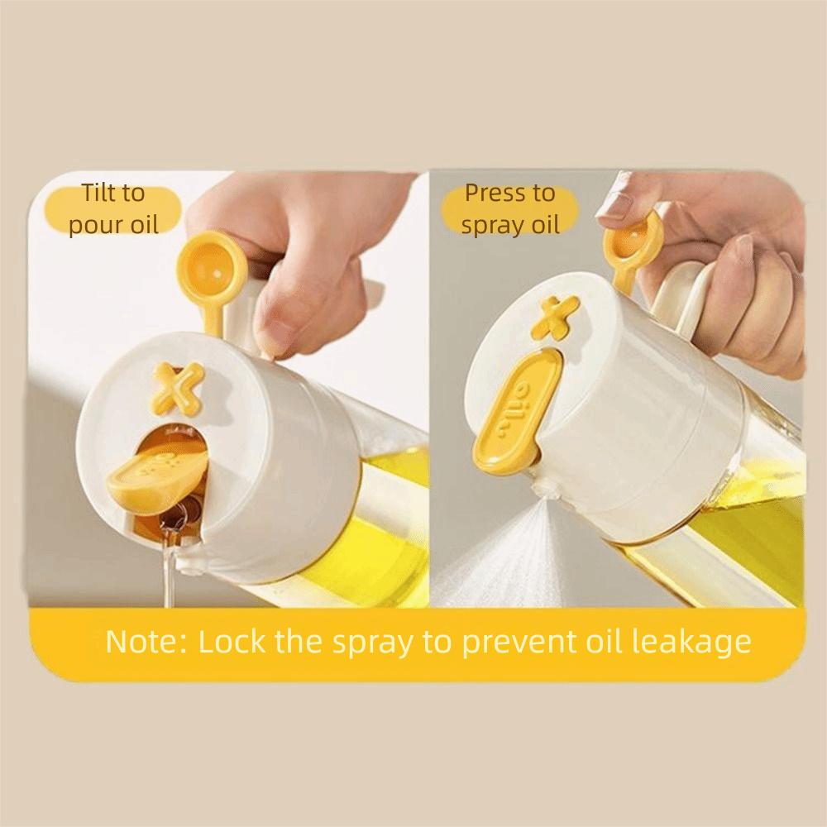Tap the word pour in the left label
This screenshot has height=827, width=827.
tap(90, 225)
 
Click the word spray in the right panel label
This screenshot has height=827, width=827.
tap(489, 226)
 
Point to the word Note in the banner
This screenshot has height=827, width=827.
tap(141, 642)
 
